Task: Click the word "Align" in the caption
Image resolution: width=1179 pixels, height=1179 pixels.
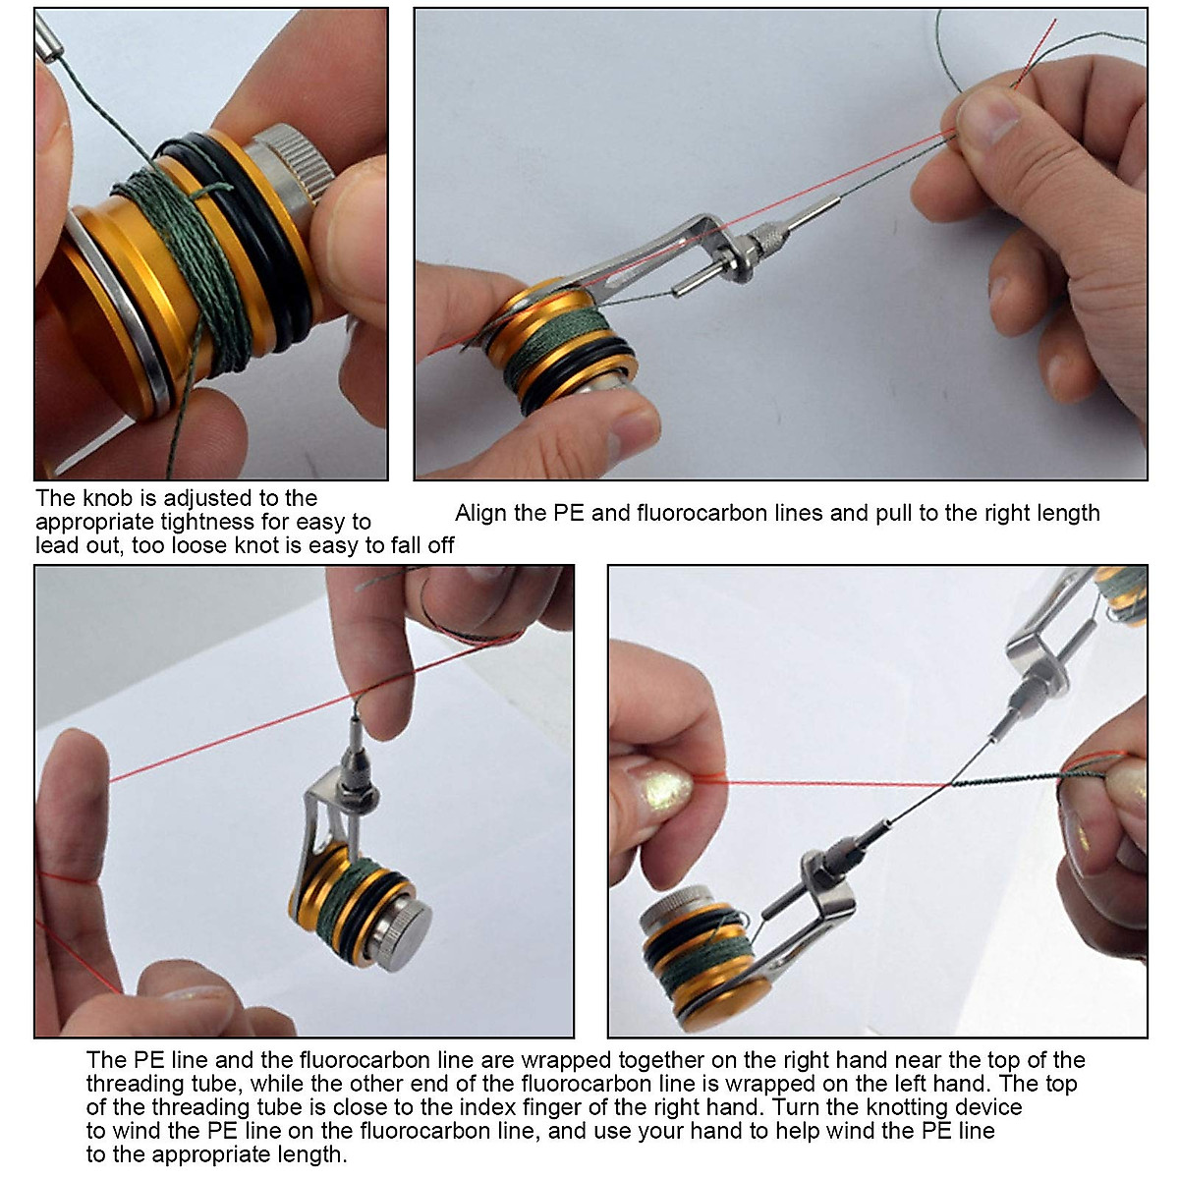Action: point(482,513)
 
